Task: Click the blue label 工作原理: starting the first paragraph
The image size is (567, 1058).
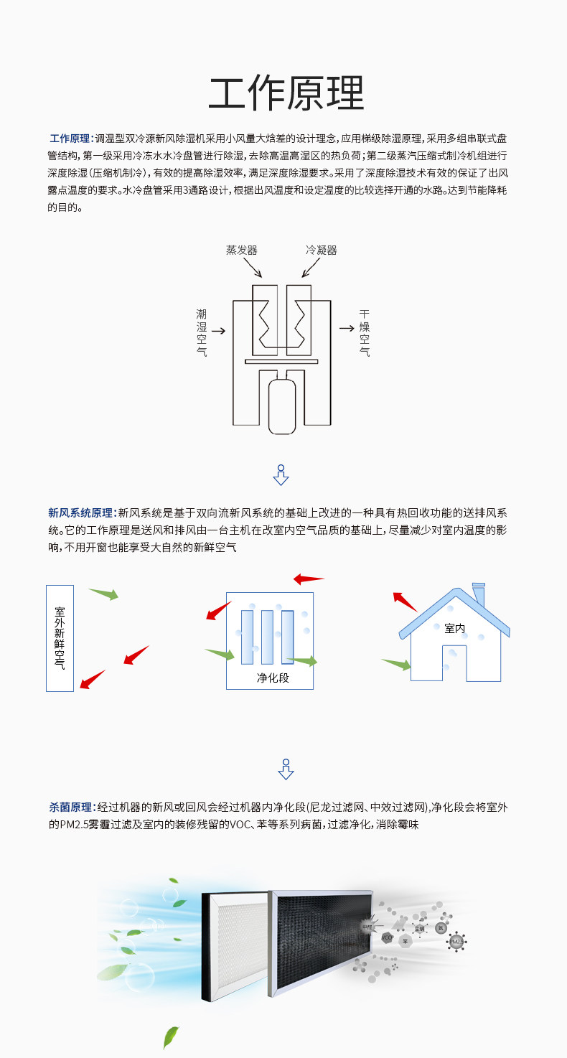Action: coord(70,139)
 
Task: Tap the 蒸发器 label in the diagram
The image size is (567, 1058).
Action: coord(241,250)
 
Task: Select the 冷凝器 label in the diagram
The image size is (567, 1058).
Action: coord(321,250)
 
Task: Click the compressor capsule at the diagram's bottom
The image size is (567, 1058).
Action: coord(281,406)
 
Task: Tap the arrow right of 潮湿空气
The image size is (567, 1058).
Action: coord(218,331)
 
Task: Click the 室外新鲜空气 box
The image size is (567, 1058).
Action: coord(60,637)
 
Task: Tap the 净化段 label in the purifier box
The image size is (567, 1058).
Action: coord(273,678)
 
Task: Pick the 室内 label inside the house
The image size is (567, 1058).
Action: coord(455,629)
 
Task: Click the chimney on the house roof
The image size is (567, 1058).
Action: coord(479,594)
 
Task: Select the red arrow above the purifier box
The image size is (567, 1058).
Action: coord(309,579)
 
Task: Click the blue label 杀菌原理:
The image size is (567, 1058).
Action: coord(72,807)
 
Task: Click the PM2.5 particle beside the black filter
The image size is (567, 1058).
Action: coord(456,941)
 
